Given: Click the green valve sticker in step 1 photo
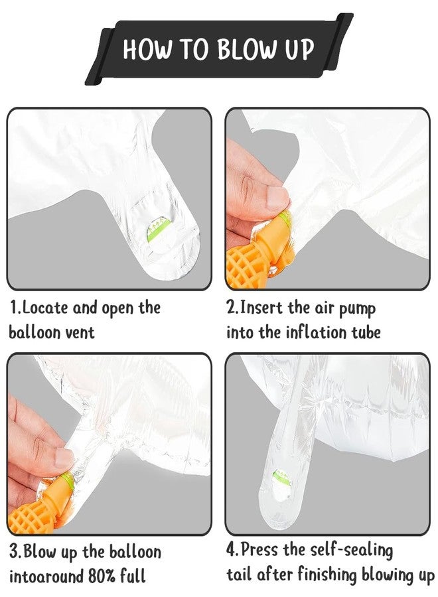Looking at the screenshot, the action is pyautogui.click(x=156, y=230).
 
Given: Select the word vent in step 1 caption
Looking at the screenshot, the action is pyautogui.click(x=78, y=332).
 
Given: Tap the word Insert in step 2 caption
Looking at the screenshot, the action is pyautogui.click(x=262, y=307).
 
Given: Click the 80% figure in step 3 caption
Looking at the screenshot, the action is pyautogui.click(x=102, y=576).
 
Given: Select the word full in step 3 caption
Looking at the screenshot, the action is pyautogui.click(x=133, y=576).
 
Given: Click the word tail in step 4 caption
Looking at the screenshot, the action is pyautogui.click(x=240, y=575).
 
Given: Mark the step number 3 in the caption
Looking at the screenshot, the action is pyautogui.click(x=14, y=552).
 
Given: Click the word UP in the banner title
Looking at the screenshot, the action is pyautogui.click(x=300, y=50).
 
